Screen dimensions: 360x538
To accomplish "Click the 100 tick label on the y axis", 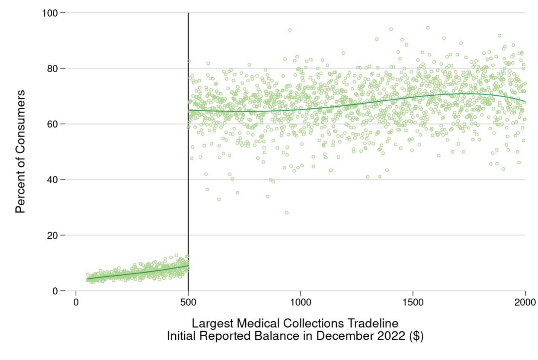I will coord(50,13).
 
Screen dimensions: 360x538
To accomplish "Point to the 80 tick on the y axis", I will coord(52,69).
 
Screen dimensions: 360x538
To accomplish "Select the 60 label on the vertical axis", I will coord(52,124).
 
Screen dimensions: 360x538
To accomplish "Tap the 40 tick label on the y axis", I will coord(52,180).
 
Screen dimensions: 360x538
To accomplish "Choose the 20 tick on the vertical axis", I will coord(52,236).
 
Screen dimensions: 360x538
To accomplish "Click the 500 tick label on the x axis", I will coord(188,302).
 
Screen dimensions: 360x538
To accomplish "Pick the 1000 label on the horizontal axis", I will coord(301,302).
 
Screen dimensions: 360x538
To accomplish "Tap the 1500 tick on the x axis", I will coord(413,302).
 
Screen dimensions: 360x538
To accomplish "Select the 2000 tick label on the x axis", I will coord(525,302).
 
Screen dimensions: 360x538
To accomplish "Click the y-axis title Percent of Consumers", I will coord(20,151).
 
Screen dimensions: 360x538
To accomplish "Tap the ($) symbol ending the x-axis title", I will coord(416,336).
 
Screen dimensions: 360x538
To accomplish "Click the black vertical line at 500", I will coord(188,151).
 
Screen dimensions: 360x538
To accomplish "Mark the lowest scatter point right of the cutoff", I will coord(287,213).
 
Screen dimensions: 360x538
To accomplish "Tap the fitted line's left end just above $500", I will coord(189,110).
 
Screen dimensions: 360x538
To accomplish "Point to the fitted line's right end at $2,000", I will coord(524,102).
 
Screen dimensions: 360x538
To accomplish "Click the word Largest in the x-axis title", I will coord(213,323).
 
